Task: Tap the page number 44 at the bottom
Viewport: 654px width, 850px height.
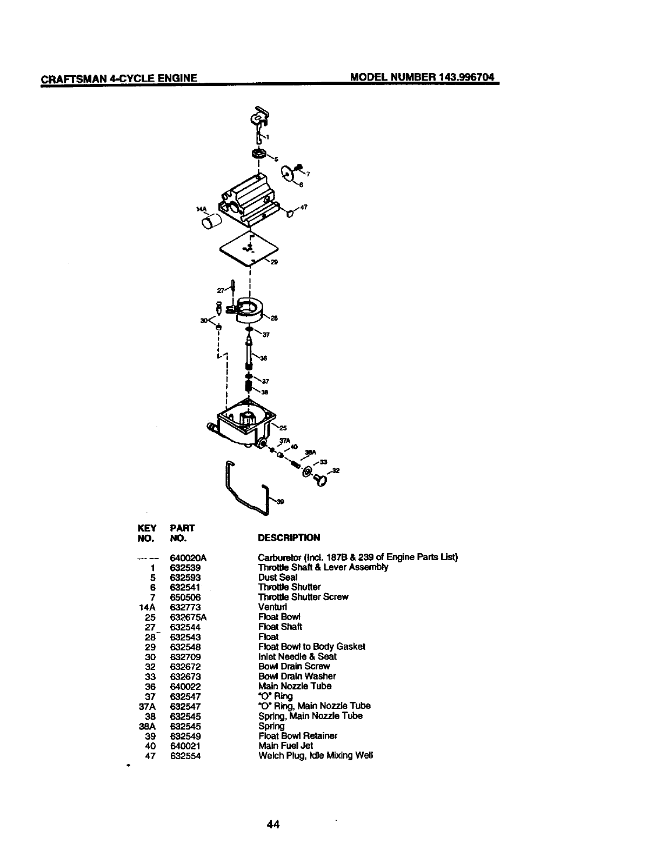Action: (x=272, y=824)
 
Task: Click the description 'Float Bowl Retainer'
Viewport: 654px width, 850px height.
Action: (x=297, y=736)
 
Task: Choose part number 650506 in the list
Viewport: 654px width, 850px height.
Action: (x=185, y=597)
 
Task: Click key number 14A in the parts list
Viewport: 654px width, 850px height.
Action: (x=148, y=607)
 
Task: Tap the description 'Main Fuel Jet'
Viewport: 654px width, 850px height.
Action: (x=285, y=746)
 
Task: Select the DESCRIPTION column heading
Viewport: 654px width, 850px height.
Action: (x=289, y=537)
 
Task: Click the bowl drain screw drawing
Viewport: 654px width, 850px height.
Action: (x=320, y=479)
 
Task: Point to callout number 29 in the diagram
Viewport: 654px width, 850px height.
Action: (x=273, y=263)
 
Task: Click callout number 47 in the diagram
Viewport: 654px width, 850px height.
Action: (x=304, y=207)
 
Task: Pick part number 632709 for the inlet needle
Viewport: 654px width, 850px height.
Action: (x=185, y=656)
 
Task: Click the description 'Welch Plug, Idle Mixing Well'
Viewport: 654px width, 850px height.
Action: (x=316, y=755)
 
